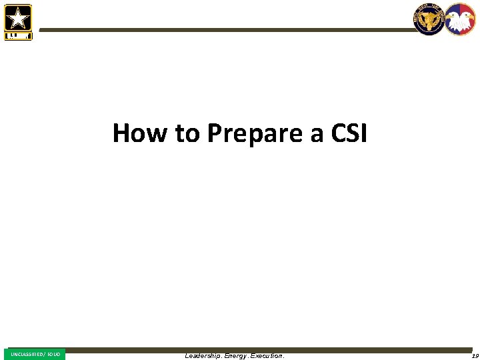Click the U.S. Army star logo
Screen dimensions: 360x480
(x=18, y=21)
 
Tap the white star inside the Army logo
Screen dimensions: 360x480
(x=18, y=18)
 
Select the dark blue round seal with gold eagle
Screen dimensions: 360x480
(x=429, y=19)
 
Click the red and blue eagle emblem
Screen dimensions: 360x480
(x=460, y=19)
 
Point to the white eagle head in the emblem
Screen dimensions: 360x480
(x=460, y=17)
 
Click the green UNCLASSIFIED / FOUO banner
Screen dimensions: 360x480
(x=35, y=354)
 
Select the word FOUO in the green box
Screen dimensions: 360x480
(x=54, y=354)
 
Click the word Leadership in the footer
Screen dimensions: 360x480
(x=203, y=356)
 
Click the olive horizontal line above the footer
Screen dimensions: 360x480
(x=267, y=349)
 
